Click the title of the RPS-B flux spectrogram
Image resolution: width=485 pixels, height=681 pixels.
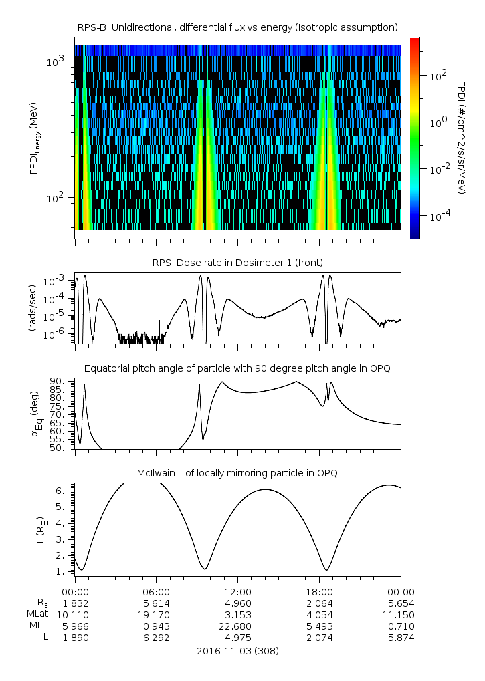238,27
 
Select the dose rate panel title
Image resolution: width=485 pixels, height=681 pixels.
238,263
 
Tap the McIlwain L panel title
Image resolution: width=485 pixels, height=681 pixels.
238,473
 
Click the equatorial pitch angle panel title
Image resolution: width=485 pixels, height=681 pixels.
238,368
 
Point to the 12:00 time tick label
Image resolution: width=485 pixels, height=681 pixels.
237,591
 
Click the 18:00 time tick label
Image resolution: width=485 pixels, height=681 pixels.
319,591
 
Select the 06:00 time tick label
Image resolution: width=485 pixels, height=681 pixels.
156,591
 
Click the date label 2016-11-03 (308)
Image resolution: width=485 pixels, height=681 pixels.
238,650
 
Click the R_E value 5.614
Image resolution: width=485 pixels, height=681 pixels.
156,602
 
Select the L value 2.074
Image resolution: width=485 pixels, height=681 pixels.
319,638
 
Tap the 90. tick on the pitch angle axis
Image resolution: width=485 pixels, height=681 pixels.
56,381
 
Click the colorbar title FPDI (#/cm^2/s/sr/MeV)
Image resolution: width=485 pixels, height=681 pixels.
461,138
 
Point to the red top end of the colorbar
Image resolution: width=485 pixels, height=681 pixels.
415,41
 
